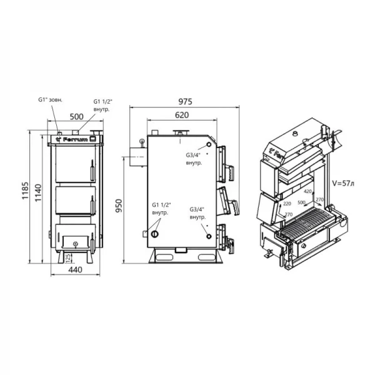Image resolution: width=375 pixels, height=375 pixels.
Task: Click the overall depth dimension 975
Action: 185,101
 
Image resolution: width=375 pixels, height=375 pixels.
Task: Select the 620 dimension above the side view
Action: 182,115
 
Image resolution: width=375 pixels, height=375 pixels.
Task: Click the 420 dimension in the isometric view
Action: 307,192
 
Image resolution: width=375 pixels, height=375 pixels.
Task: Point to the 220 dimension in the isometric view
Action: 287,204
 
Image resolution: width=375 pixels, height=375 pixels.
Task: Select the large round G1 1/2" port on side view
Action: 155,234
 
